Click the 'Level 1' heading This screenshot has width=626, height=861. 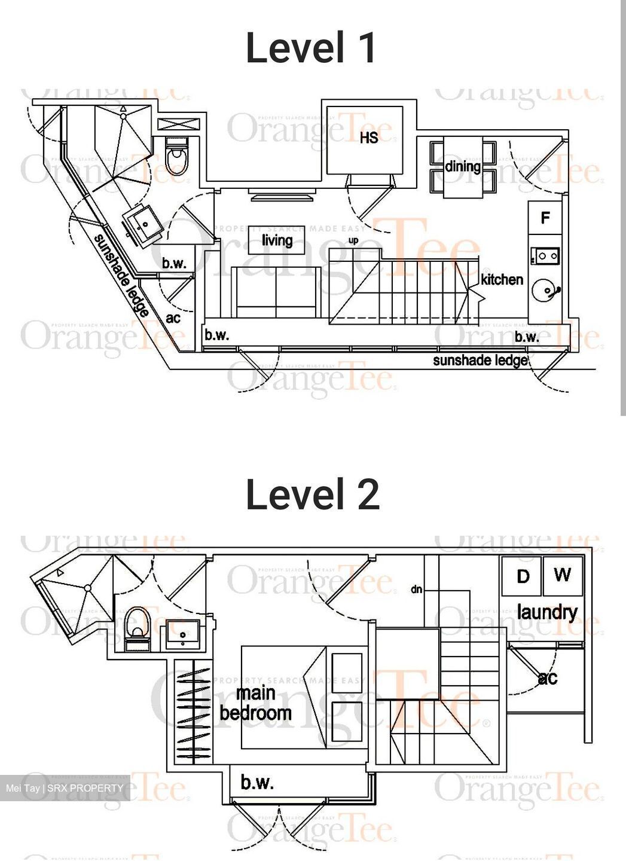pyautogui.click(x=311, y=48)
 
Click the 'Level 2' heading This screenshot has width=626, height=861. pyautogui.click(x=312, y=494)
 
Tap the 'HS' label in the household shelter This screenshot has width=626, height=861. pyautogui.click(x=369, y=138)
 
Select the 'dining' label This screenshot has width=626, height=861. pyautogui.click(x=463, y=166)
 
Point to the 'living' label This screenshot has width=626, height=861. pyautogui.click(x=277, y=240)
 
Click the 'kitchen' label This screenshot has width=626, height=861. pyautogui.click(x=502, y=279)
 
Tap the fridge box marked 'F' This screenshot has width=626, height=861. pyautogui.click(x=545, y=218)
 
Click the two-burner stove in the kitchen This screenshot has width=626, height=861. pyautogui.click(x=545, y=257)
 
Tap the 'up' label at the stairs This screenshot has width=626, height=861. pyautogui.click(x=353, y=240)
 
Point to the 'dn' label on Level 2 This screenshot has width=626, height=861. pyautogui.click(x=416, y=589)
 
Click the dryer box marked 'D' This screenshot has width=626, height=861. pyautogui.click(x=522, y=576)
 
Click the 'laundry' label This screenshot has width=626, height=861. pyautogui.click(x=546, y=612)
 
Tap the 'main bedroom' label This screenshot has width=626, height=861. pyautogui.click(x=255, y=703)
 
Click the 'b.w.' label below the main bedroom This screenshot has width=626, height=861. pyautogui.click(x=257, y=782)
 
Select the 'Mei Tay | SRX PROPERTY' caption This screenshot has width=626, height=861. pyautogui.click(x=65, y=788)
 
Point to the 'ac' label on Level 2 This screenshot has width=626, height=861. pyautogui.click(x=547, y=678)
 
